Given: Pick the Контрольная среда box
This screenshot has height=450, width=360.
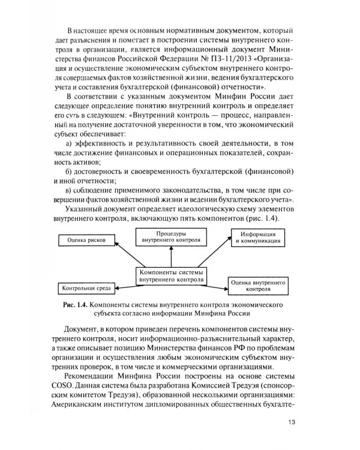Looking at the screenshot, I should (x=85, y=288).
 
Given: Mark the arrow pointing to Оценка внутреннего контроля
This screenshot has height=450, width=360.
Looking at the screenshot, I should (x=216, y=281).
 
